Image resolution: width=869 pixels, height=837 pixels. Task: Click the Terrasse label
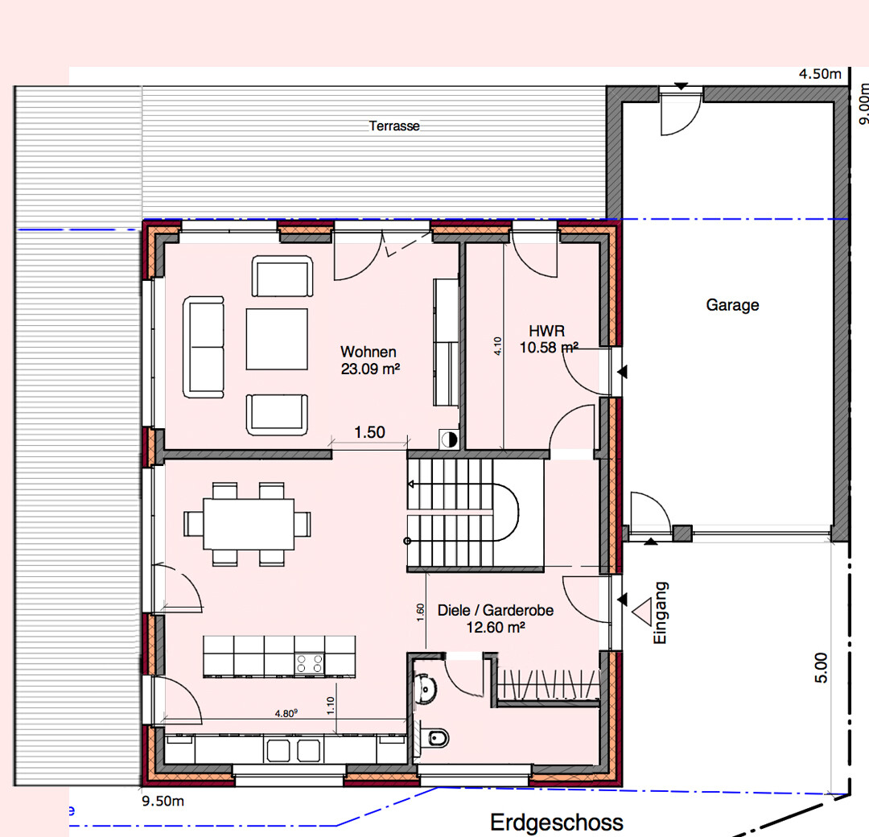coord(394,126)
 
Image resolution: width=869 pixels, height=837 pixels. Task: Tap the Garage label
coord(732,305)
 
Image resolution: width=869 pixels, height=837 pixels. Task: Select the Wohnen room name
coord(368,352)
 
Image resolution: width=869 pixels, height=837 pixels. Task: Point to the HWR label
coord(546,331)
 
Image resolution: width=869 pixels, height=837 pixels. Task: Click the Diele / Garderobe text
coord(496,610)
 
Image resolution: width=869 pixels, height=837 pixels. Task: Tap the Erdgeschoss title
coord(557,822)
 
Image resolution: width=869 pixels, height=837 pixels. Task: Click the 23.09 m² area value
coord(370,369)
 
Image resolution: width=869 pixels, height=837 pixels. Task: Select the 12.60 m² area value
coord(496,627)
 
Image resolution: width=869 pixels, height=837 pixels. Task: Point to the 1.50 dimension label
coord(369,432)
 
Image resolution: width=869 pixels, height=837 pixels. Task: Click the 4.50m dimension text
coord(820,74)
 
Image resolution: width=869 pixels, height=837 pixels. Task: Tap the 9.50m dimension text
coord(163,801)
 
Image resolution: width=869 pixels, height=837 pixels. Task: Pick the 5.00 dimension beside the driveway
coord(822,667)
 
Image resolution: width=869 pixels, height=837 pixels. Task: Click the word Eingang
coord(660,612)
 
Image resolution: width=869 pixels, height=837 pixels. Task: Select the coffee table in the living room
coord(277,340)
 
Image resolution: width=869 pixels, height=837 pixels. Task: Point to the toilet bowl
coord(436,738)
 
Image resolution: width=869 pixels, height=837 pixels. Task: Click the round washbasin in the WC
coord(425,690)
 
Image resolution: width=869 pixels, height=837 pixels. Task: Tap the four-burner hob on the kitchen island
coord(309,663)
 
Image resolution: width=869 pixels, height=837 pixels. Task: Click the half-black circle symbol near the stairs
coord(450,439)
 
